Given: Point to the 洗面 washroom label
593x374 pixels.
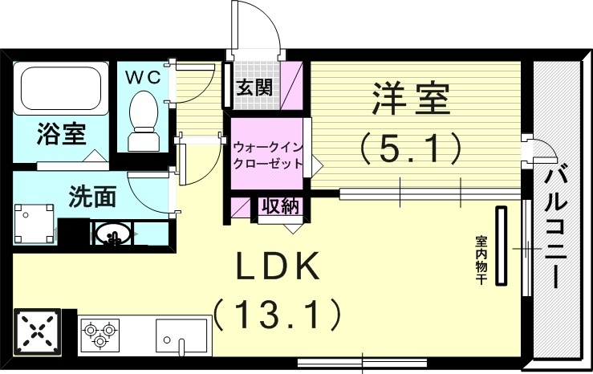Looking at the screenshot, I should point(93,195).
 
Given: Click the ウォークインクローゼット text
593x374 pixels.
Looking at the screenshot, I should point(268,155).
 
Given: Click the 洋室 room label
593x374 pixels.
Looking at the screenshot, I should point(410,100).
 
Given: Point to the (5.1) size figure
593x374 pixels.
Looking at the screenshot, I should point(410,148).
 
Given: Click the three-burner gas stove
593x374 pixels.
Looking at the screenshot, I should point(100,332).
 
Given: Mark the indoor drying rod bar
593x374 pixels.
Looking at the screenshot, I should point(502,246).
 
